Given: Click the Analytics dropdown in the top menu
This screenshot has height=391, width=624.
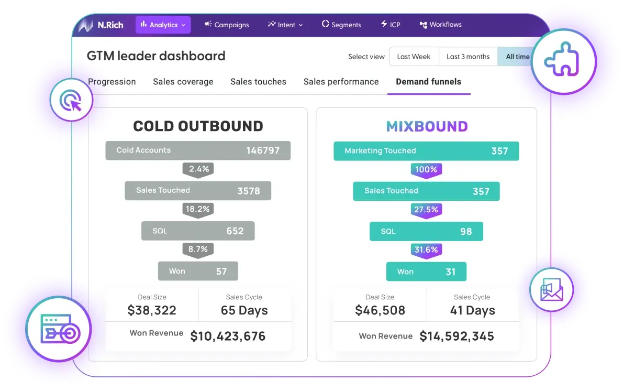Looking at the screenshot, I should (163, 25).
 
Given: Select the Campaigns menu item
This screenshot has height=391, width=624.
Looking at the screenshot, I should (227, 25).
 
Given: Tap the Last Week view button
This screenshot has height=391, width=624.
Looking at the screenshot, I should (414, 57).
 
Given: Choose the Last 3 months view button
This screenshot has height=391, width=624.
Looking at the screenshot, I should (468, 57).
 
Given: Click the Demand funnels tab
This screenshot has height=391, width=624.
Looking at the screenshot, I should (428, 82).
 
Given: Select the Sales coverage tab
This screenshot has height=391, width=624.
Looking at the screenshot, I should (183, 82).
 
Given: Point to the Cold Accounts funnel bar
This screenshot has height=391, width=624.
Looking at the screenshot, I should (198, 150).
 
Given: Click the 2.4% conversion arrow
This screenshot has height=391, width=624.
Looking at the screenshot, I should (198, 169).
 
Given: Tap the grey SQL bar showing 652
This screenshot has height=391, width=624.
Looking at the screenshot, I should (198, 231).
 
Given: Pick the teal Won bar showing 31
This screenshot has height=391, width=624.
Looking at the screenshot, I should (426, 271).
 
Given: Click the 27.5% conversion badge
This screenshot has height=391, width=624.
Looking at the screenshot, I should (426, 210).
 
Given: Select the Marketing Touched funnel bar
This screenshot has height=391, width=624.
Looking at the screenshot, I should (426, 151).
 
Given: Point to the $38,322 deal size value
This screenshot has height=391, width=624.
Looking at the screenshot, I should (152, 310).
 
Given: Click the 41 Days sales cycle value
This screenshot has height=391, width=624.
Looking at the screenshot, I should (472, 310).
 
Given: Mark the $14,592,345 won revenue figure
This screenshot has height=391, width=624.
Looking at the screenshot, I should (456, 336).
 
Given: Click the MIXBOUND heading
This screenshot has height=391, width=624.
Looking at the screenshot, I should (427, 126).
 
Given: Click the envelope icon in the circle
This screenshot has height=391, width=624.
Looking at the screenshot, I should (551, 290).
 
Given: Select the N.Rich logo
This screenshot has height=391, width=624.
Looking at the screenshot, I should (101, 25).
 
